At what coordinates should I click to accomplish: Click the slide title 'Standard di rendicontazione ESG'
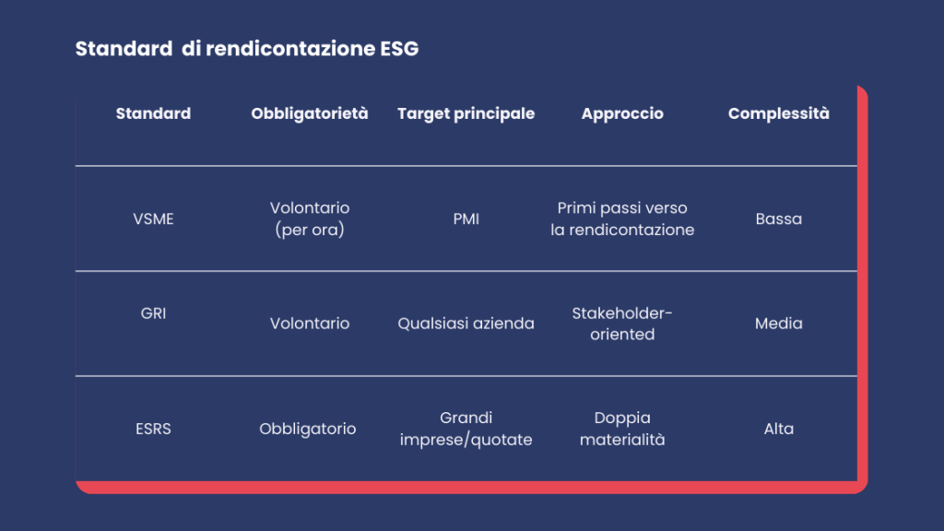point(247,49)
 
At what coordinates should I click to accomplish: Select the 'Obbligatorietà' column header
point(310,113)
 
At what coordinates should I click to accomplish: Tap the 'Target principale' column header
point(466,113)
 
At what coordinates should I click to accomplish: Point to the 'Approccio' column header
point(622,113)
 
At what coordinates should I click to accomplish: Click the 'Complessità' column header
point(778,113)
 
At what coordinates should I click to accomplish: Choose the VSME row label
point(154,219)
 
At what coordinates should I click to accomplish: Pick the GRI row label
point(154,313)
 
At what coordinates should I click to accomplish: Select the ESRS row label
point(154,429)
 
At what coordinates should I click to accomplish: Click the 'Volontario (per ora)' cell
point(310,218)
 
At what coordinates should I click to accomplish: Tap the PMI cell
point(466,219)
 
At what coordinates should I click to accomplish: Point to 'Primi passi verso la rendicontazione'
point(622,218)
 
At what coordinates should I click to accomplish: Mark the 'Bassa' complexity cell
point(778,219)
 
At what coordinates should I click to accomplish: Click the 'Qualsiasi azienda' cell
point(466,324)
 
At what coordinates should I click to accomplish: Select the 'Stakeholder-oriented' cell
point(622,324)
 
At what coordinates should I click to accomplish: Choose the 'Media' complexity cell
point(778,324)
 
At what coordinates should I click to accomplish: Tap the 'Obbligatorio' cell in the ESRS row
point(308,429)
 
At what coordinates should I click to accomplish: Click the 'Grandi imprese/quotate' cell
point(466,429)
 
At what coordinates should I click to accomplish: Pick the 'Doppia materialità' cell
point(622,429)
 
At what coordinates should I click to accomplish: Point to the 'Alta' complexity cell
point(778,429)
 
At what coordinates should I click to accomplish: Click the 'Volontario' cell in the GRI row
point(310,324)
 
